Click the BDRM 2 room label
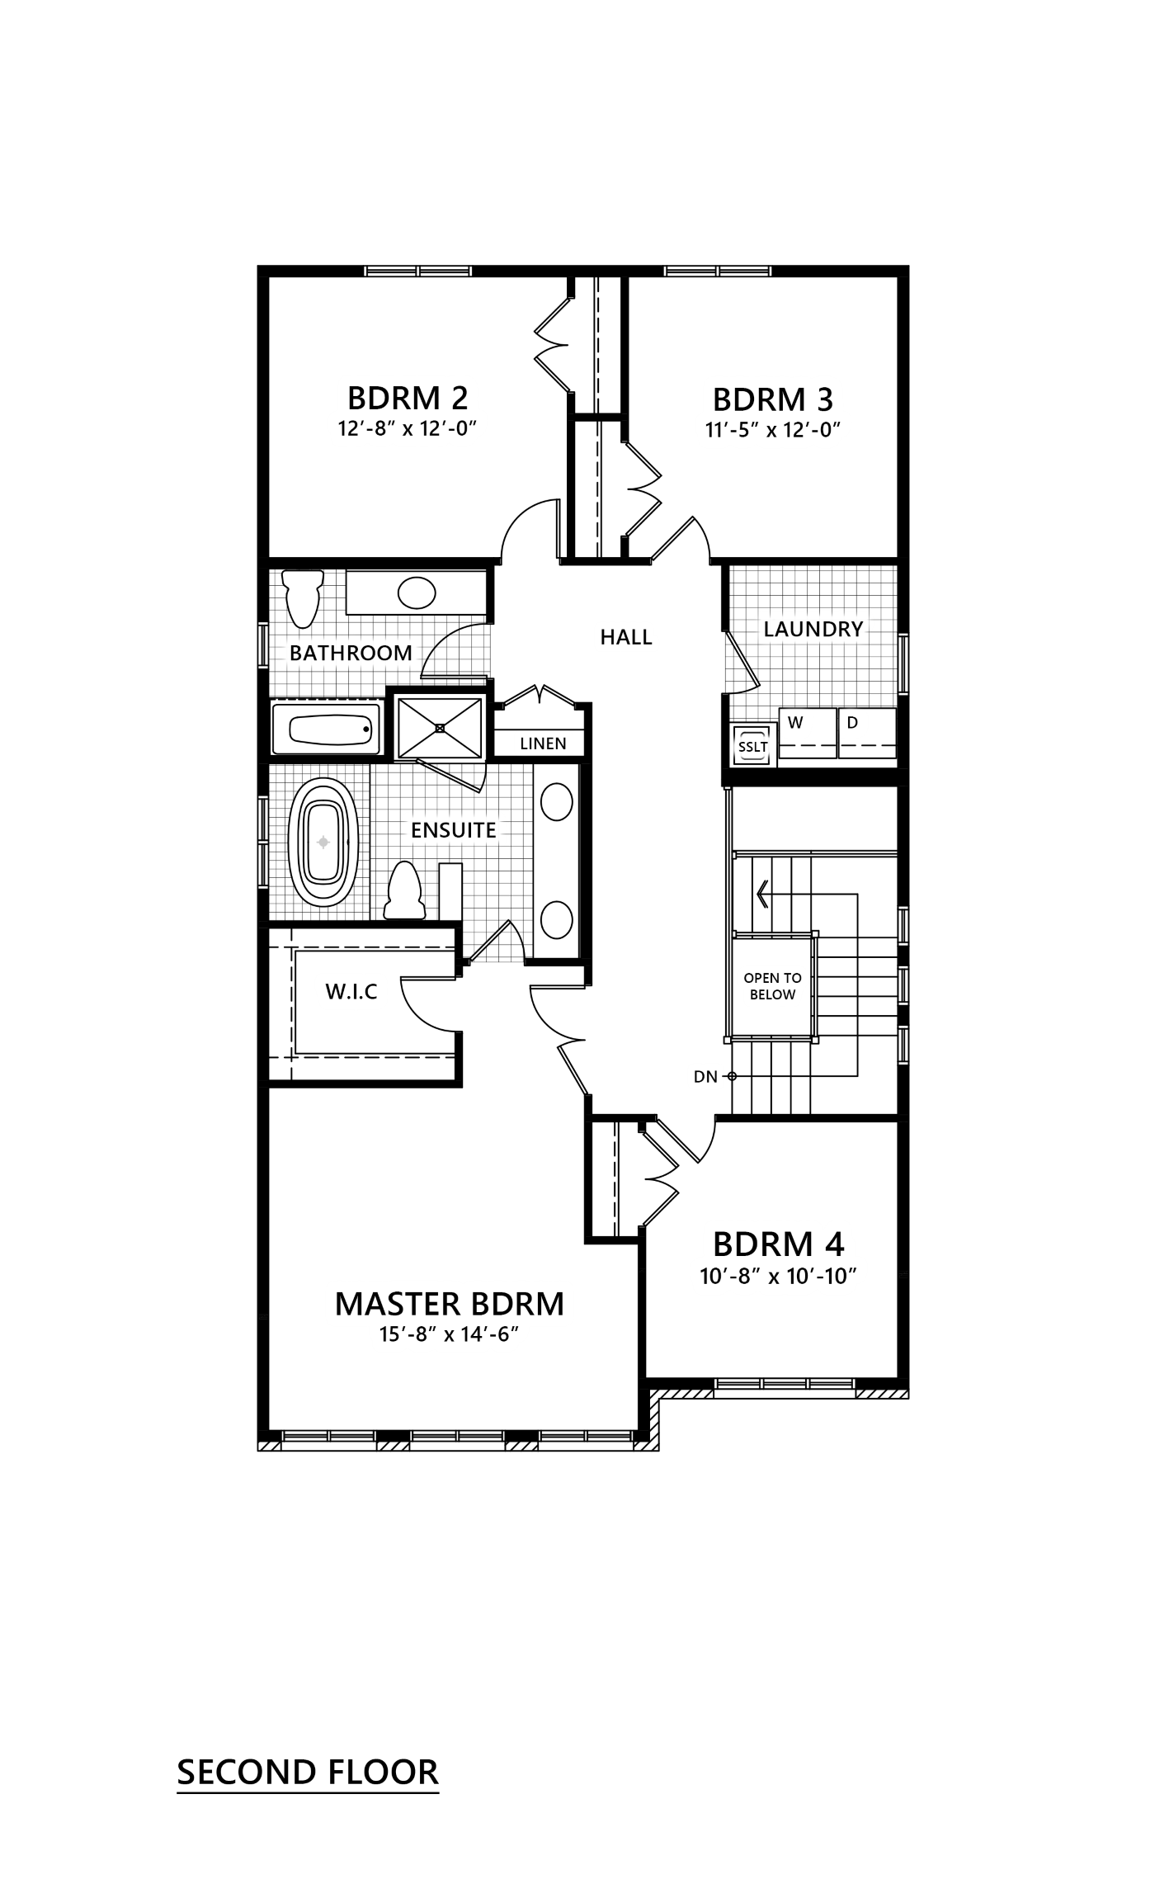click(408, 398)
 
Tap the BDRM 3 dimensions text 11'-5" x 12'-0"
click(773, 430)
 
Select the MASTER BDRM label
click(450, 1303)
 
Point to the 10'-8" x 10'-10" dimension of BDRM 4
click(774, 1276)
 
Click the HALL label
click(625, 636)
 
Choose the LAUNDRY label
click(813, 629)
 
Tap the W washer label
click(795, 723)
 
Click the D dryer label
click(852, 723)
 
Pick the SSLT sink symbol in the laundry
click(752, 747)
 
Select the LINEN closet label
click(544, 744)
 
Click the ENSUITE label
click(454, 829)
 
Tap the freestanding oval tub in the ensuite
click(324, 843)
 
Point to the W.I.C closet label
click(351, 991)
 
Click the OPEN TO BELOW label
click(772, 986)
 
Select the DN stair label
click(705, 1077)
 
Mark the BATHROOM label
click(351, 653)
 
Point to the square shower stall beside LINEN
click(440, 727)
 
